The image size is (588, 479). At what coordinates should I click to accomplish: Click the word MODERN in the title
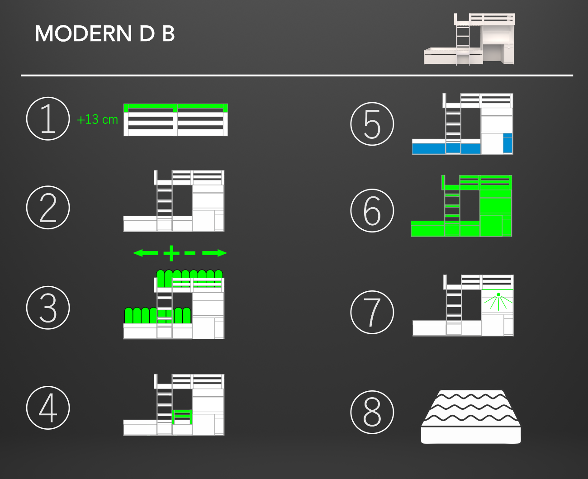83,33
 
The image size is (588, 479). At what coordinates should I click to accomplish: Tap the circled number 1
48,119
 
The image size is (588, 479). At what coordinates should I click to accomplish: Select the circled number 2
48,208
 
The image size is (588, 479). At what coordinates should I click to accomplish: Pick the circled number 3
48,308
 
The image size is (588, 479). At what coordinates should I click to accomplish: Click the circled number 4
48,408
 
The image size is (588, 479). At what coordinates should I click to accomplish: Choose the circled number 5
372,124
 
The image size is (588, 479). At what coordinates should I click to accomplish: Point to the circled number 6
372,211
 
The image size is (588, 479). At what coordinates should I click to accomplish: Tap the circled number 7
372,312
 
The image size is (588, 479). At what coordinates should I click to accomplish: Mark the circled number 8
372,412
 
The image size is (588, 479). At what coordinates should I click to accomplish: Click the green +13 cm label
97,119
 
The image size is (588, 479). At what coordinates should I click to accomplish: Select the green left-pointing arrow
146,253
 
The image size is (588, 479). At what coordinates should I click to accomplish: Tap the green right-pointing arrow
214,253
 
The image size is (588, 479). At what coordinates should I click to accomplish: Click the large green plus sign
171,253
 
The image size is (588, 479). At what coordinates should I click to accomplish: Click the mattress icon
471,417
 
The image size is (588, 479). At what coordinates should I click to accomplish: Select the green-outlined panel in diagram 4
182,417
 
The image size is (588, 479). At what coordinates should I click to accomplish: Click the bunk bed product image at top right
469,39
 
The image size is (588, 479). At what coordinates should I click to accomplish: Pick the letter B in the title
168,33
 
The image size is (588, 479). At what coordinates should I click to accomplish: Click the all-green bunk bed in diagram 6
461,206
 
